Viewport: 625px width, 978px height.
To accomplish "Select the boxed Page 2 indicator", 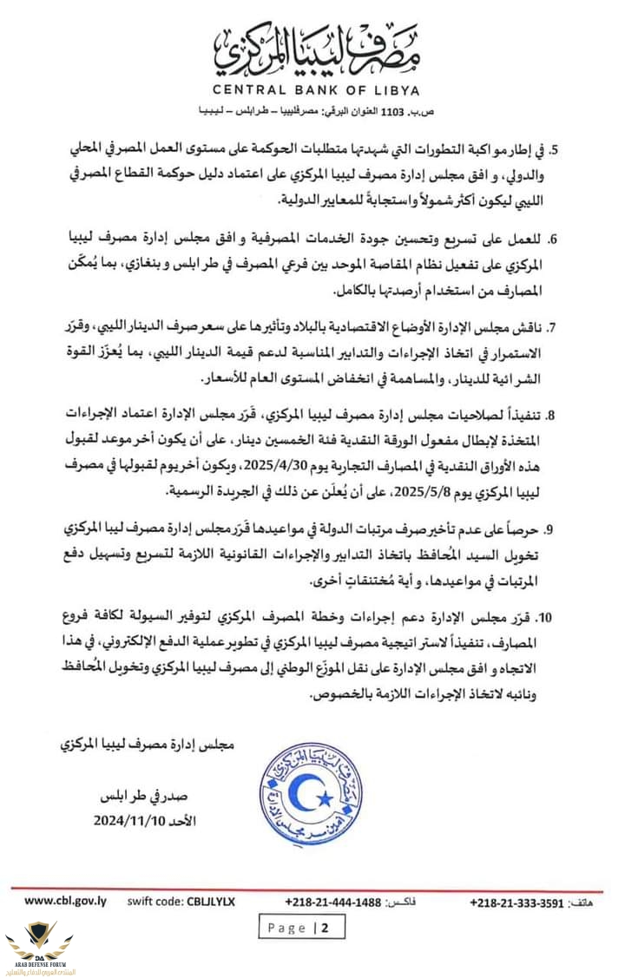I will [x=301, y=928].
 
